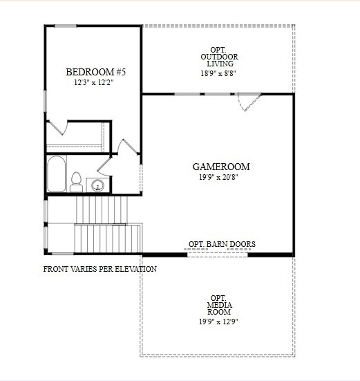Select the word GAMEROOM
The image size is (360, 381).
(x=220, y=167)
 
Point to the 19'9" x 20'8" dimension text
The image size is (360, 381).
(x=220, y=177)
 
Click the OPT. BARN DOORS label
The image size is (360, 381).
(x=222, y=244)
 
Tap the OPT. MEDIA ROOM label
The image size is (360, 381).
(x=219, y=303)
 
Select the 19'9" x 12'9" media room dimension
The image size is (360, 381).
(x=219, y=321)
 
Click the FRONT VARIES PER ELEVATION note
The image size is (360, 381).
(x=100, y=269)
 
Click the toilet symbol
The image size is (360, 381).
(x=76, y=182)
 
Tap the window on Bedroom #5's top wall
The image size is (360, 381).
(x=66, y=26)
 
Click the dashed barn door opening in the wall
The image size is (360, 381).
(x=217, y=254)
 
